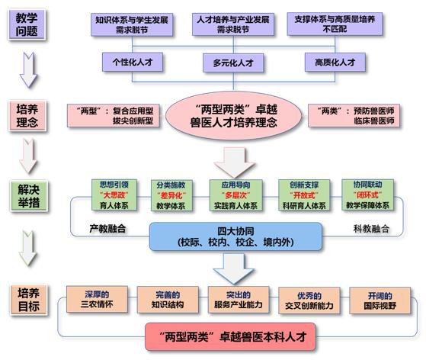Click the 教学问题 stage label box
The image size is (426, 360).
click(x=27, y=24)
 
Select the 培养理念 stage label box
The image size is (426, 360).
click(x=27, y=116)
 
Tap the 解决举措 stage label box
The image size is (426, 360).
click(x=29, y=196)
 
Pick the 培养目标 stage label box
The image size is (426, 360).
click(x=28, y=300)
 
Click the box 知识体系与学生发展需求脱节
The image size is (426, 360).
click(x=132, y=24)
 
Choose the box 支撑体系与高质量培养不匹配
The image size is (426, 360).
click(x=335, y=24)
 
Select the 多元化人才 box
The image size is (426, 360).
click(x=233, y=63)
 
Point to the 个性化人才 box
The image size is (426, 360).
click(x=133, y=63)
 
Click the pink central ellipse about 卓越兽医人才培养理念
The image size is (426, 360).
click(x=233, y=116)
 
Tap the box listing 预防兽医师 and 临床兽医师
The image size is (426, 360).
click(x=354, y=116)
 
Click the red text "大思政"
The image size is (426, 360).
click(x=114, y=195)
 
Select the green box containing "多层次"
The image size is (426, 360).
click(x=235, y=195)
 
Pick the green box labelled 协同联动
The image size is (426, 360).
click(x=367, y=194)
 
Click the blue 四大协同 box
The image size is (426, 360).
click(x=235, y=236)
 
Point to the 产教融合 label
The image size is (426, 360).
click(x=107, y=229)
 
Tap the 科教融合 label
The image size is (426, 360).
click(x=371, y=229)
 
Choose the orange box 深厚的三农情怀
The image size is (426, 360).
click(x=97, y=299)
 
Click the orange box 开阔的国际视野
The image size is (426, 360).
click(x=380, y=301)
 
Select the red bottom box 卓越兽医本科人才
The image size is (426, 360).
click(x=230, y=337)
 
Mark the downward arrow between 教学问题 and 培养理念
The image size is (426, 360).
click(x=28, y=70)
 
